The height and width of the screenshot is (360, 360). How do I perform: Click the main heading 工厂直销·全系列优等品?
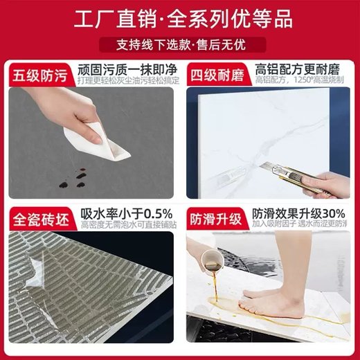click(x=180, y=18)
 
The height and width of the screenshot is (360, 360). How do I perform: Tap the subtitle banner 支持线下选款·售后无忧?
click(x=180, y=45)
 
